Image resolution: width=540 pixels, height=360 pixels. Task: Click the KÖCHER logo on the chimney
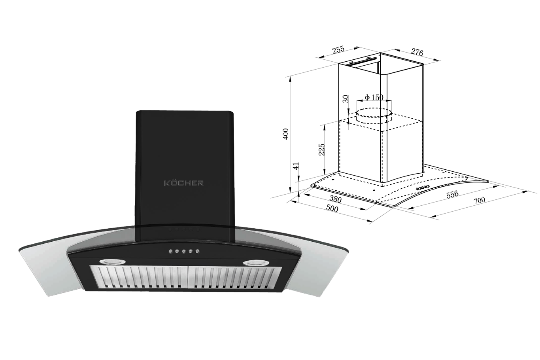pos(184,183)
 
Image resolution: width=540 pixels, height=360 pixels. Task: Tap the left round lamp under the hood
pos(112,261)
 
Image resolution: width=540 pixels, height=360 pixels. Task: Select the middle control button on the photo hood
pos(184,252)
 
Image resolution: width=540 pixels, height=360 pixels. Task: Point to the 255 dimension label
pos(338,50)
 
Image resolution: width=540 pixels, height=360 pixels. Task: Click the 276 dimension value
pos(417,52)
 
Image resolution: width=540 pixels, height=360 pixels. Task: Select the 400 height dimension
pos(285,134)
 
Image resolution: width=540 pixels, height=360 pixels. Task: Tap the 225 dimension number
pos(322,150)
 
